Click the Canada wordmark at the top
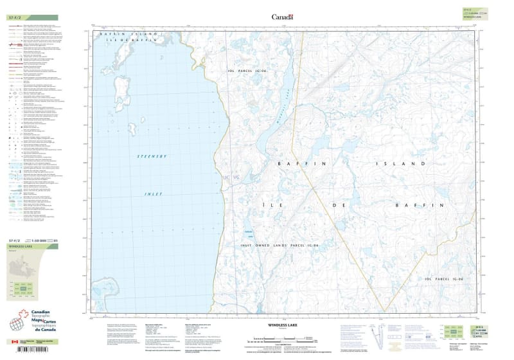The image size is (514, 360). pyautogui.click(x=282, y=17)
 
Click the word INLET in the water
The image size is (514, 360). pyautogui.click(x=153, y=194)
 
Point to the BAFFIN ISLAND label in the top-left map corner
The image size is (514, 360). pyautogui.click(x=128, y=34)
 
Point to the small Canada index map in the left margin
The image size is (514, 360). pyautogui.click(x=26, y=266)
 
